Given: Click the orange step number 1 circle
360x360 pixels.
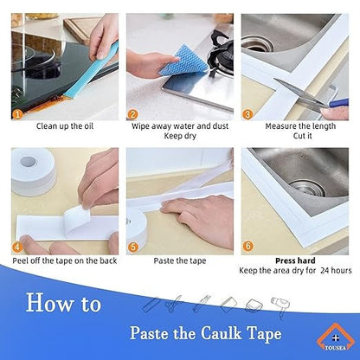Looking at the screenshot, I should tap(17, 112).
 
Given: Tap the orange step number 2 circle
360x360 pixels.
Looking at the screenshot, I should tap(132, 112).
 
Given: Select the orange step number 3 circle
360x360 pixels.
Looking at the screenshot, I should tap(248, 112).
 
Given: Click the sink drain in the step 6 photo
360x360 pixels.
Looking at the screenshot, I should tap(299, 187).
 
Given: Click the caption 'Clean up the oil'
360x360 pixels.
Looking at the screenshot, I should tap(64, 125).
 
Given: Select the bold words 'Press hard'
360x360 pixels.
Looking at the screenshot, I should tap(297, 260).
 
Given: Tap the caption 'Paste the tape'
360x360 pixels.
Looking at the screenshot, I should tap(179, 260).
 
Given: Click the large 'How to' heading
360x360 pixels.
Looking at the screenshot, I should tap(62, 302).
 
